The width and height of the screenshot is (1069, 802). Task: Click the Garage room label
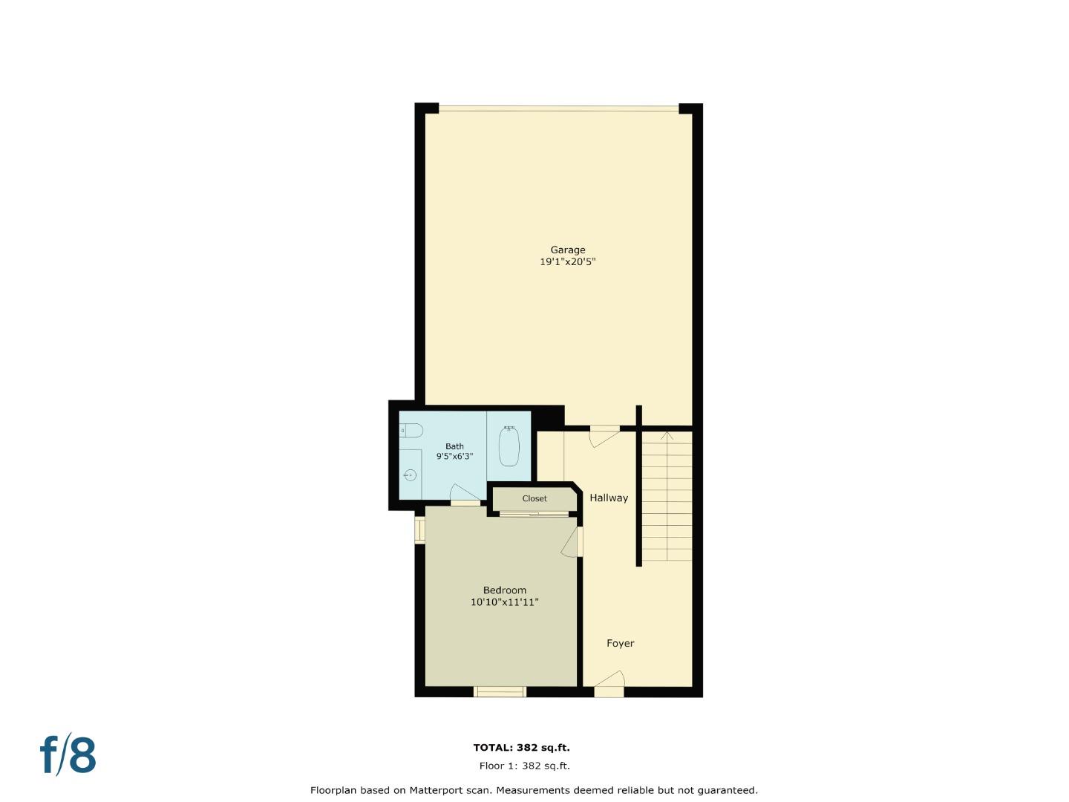click(x=567, y=250)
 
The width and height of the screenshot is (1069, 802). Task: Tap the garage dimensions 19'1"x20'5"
click(x=567, y=262)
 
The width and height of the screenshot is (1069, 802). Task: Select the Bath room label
click(x=454, y=446)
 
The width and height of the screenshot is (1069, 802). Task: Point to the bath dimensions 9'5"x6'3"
click(x=454, y=457)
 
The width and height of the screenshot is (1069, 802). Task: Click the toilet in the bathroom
click(x=411, y=431)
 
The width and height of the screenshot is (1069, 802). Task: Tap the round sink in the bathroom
click(x=409, y=475)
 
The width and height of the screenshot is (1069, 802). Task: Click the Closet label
click(x=534, y=499)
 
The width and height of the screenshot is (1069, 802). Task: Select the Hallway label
click(x=609, y=498)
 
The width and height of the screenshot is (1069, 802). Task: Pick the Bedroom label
click(x=504, y=590)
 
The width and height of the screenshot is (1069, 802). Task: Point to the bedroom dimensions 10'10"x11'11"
click(x=504, y=602)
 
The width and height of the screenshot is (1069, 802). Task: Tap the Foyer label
click(x=620, y=644)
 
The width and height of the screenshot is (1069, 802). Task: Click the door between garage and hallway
click(x=604, y=435)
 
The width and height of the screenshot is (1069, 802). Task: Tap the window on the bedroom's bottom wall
click(x=500, y=692)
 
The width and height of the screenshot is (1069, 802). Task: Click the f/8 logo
click(x=68, y=755)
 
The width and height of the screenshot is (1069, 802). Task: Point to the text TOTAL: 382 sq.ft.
click(x=522, y=749)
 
